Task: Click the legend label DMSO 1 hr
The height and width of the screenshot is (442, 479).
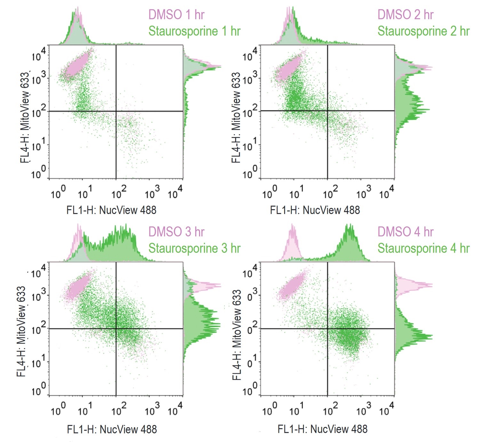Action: point(176,14)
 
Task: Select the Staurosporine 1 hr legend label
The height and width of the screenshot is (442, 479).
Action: point(194,31)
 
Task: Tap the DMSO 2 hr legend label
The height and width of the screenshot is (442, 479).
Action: point(405,14)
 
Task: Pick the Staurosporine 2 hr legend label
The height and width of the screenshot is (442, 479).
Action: point(423,31)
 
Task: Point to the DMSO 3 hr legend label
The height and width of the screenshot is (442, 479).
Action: point(176,232)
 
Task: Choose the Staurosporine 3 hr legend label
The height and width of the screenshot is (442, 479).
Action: point(194,248)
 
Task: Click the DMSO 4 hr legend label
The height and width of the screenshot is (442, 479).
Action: point(405,232)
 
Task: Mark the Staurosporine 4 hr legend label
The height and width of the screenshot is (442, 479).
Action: point(423,248)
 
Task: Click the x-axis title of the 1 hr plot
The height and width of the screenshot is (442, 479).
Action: point(111,210)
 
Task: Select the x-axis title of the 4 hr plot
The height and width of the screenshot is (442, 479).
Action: point(323,429)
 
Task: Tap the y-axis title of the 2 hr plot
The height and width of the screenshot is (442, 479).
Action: point(236,117)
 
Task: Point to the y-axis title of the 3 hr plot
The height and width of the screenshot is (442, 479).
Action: point(21,331)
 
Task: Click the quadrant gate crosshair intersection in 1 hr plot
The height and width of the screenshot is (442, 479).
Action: point(116,111)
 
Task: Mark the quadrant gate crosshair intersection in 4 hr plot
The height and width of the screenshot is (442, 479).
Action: point(327,329)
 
